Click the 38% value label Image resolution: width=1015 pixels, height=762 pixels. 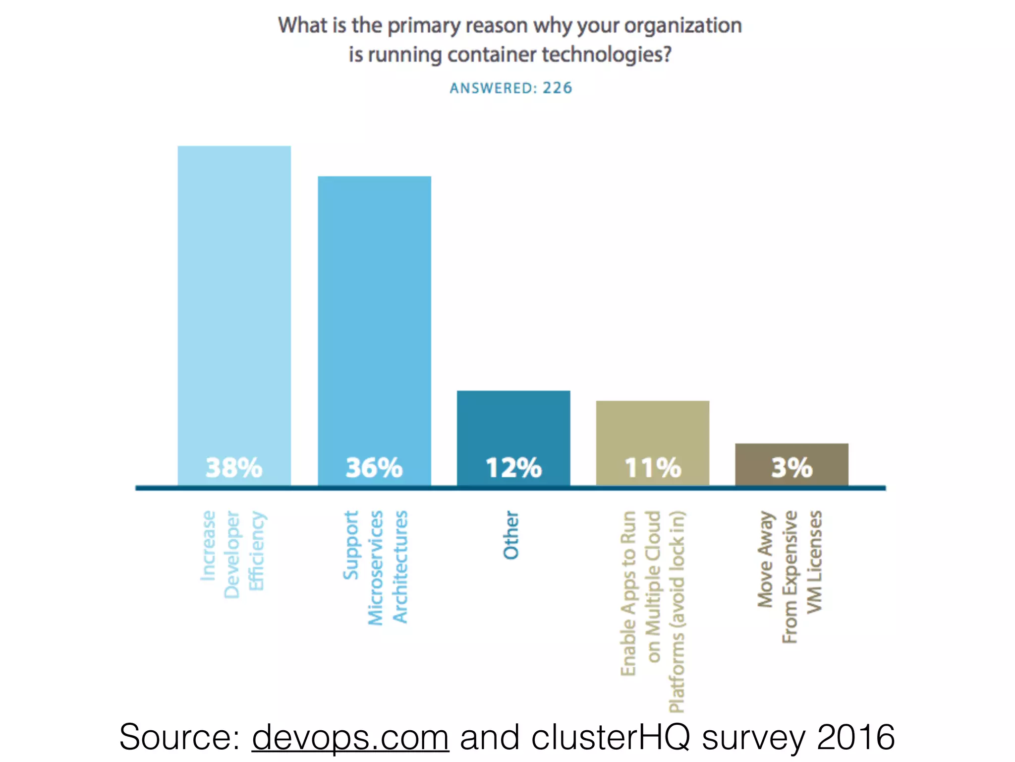tap(234, 468)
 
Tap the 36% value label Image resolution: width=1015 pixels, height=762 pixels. tap(374, 468)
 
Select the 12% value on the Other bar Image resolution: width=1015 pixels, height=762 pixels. tap(513, 468)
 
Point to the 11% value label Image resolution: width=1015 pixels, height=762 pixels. tap(653, 468)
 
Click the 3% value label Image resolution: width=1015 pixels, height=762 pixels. tap(791, 468)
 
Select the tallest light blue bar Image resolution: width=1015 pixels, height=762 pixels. tap(234, 298)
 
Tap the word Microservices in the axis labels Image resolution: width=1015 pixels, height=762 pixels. tap(376, 568)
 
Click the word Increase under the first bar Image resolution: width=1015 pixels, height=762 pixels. tap(208, 545)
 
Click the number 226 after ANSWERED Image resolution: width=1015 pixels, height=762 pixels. tap(557, 88)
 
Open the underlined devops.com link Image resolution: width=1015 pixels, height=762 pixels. tap(350, 737)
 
